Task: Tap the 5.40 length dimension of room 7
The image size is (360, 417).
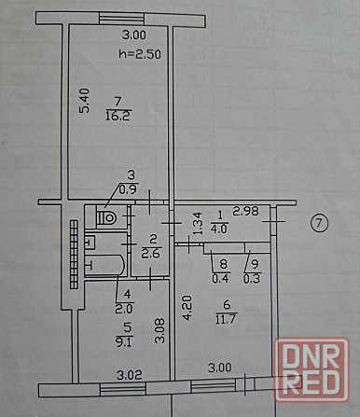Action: pos(84,102)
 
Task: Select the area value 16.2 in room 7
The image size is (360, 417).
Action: pos(118,117)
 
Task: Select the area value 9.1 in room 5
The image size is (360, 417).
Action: pos(103,341)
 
